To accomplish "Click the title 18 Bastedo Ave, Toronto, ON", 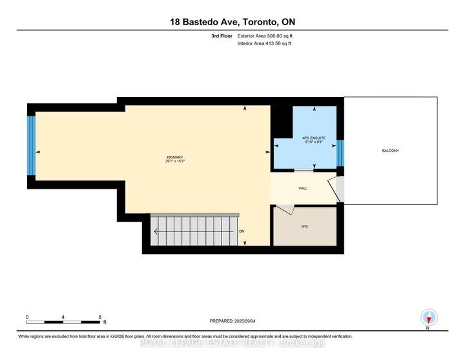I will coord(232,21).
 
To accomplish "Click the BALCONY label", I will coord(390,151).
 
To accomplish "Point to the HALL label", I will coord(302,188).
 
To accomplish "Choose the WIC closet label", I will coord(304,227).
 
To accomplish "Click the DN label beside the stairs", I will coord(242,231).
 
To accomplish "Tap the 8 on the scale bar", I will coord(99,317).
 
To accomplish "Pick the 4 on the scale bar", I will coord(63,317).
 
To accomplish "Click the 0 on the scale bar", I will coord(27,317).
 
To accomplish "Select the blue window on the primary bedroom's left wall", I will coord(30,145).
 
